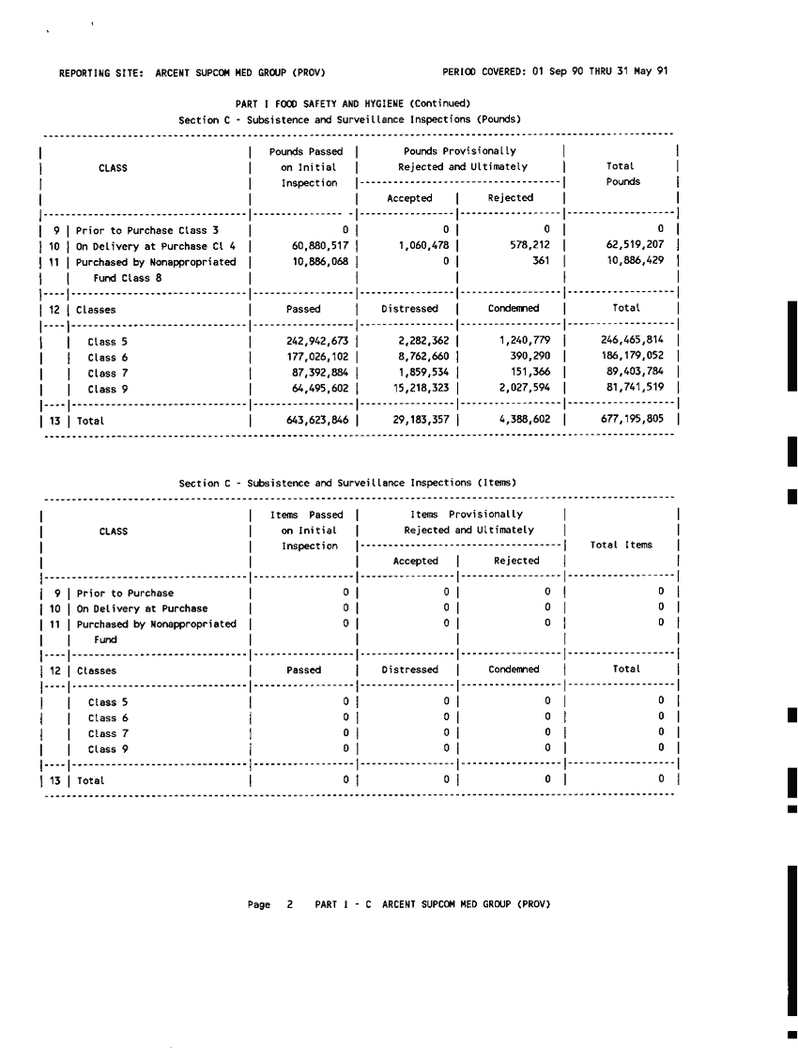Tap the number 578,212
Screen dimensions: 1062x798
pyautogui.click(x=528, y=246)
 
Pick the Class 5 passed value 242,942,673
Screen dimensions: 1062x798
pyautogui.click(x=317, y=343)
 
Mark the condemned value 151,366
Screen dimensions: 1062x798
pyautogui.click(x=530, y=374)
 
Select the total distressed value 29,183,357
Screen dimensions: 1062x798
pyautogui.click(x=422, y=421)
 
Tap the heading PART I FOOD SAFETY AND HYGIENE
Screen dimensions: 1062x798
pyautogui.click(x=352, y=103)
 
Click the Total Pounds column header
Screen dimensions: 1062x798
pyautogui.click(x=622, y=174)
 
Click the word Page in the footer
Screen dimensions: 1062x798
pyautogui.click(x=259, y=904)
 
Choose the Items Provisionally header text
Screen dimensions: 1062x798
pyautogui.click(x=467, y=515)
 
